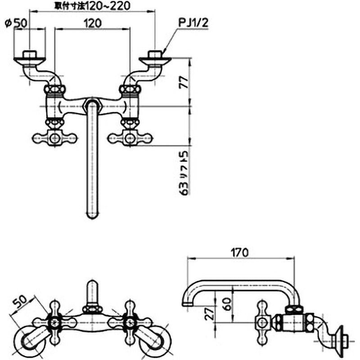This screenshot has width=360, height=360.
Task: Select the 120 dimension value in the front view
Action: coord(92,23)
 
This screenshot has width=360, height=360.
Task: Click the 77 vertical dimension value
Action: coord(182,82)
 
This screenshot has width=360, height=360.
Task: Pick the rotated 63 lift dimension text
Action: coord(182,171)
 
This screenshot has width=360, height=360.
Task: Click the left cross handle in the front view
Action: coord(54,138)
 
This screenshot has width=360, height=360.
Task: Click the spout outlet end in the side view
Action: coord(188,305)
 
